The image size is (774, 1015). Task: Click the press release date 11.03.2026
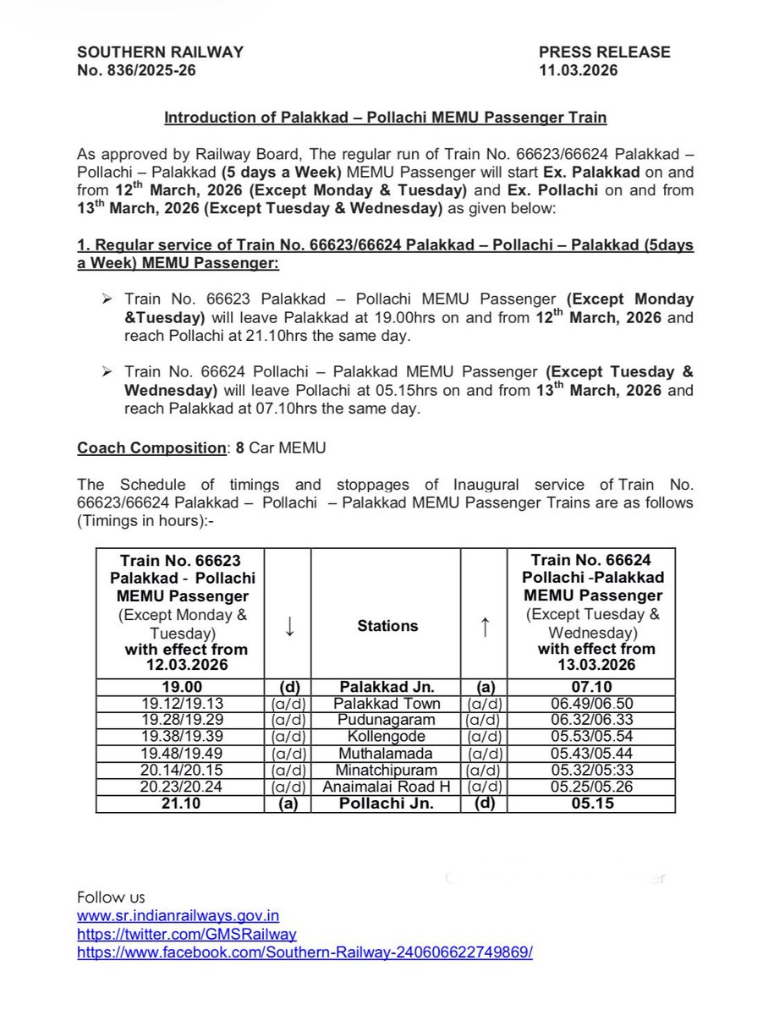(578, 70)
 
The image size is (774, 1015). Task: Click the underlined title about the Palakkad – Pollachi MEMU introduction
(385, 117)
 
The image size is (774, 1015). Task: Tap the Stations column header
(387, 626)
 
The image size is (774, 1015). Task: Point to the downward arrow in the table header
(288, 626)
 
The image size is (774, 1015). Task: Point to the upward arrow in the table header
(484, 626)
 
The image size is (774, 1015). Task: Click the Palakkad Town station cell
(387, 704)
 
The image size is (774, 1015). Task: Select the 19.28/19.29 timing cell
(180, 720)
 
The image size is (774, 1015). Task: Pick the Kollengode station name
(387, 737)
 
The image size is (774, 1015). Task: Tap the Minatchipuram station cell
(387, 770)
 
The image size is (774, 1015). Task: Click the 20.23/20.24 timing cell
(180, 787)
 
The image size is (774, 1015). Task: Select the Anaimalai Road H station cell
(387, 787)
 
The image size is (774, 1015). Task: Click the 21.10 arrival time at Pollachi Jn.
(180, 804)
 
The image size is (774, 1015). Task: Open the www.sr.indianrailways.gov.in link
(178, 915)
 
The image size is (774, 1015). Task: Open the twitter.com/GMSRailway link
(186, 934)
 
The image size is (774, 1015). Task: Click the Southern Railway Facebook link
(305, 952)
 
